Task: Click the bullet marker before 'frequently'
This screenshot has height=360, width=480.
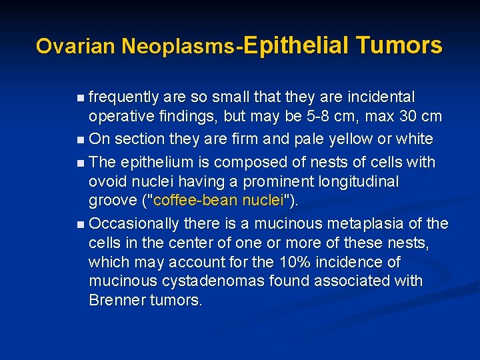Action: [x=80, y=98]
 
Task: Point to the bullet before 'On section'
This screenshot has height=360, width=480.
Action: [x=80, y=140]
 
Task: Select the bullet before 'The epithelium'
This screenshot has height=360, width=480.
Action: [x=80, y=163]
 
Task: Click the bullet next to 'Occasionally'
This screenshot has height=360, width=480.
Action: [x=80, y=223]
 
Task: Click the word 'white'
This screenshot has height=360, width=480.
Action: [x=414, y=139]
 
